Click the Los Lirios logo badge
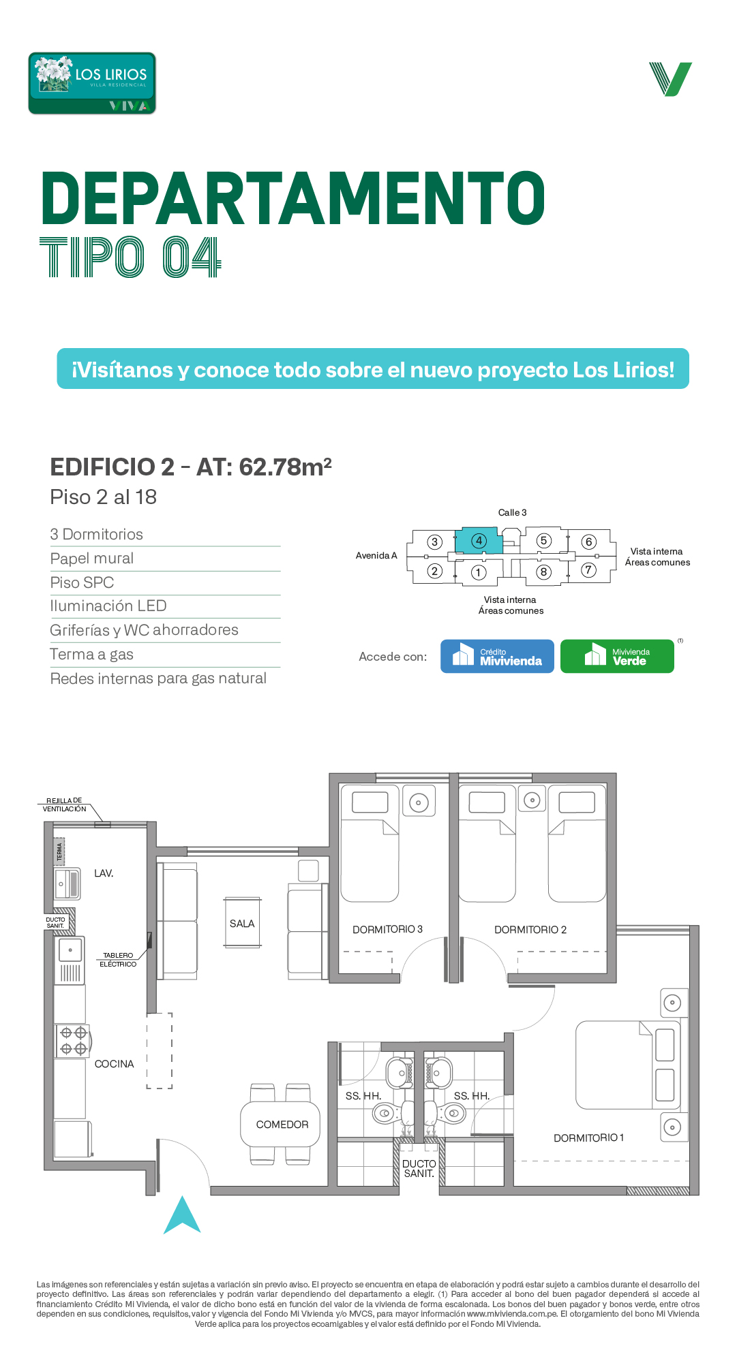[92, 83]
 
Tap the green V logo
[671, 79]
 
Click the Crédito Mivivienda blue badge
[497, 656]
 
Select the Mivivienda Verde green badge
[617, 656]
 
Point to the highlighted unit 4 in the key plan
[479, 541]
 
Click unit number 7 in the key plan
[588, 570]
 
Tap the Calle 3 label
[512, 512]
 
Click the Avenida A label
[376, 555]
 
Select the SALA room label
[242, 924]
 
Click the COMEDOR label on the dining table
[282, 1125]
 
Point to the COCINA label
[114, 1064]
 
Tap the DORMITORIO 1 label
[588, 1138]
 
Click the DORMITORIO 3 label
[387, 929]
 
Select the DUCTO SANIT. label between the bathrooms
[419, 1169]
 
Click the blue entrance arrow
[182, 1215]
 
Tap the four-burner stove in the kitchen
[73, 1041]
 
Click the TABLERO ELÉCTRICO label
[118, 960]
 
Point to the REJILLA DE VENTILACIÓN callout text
[64, 804]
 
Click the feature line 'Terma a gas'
[91, 655]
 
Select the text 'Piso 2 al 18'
[104, 497]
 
